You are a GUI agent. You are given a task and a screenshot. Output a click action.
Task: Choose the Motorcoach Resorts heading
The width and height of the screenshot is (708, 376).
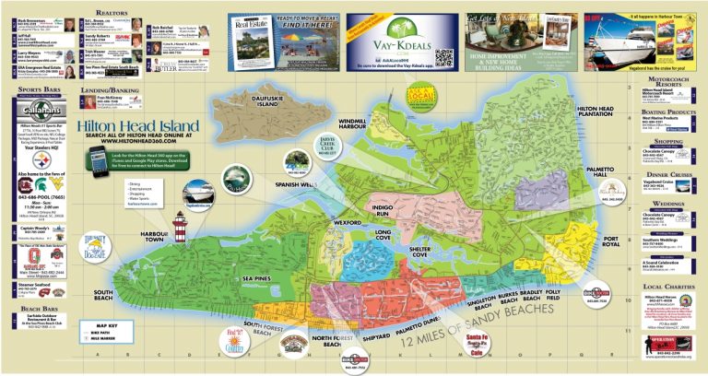tap(667, 80)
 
